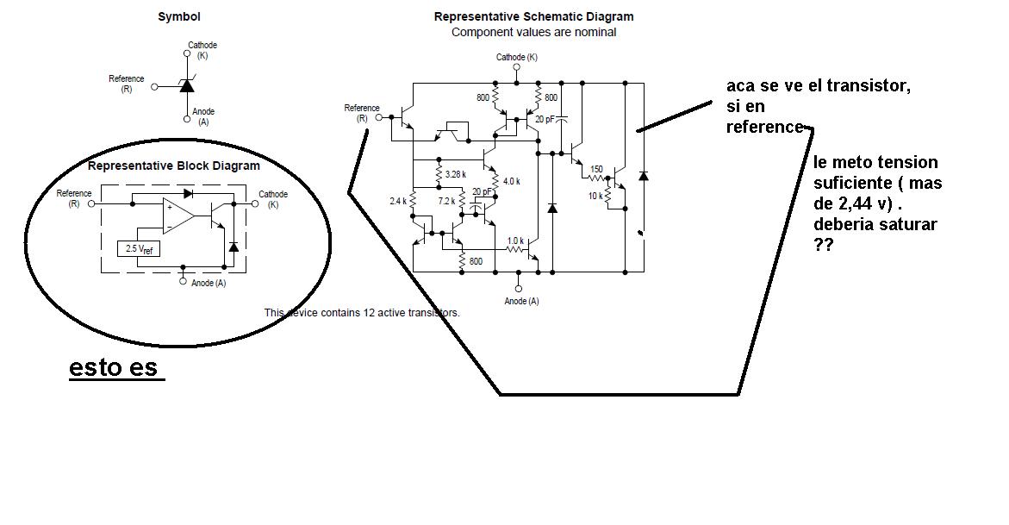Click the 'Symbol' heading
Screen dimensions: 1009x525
(179, 16)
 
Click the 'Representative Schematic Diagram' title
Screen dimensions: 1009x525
(533, 16)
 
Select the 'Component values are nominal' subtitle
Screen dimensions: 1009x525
(533, 32)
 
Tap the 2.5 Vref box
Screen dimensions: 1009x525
(139, 248)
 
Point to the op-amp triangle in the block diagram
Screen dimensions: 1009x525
(177, 215)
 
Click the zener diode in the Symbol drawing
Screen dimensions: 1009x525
(187, 85)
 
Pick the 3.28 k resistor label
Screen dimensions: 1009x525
(456, 174)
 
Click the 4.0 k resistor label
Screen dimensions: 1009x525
(512, 182)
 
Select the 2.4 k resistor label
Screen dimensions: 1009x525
(398, 202)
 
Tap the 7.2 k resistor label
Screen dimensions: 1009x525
(446, 201)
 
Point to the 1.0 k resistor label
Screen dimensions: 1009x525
(515, 241)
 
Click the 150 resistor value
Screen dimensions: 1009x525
(596, 170)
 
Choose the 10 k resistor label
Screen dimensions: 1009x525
(595, 196)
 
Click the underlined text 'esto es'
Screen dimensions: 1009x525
(113, 367)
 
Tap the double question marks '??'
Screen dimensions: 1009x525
(823, 245)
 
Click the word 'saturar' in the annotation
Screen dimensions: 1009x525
(907, 225)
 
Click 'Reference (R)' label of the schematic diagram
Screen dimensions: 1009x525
(362, 113)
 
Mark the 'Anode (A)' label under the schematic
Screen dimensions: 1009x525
(522, 301)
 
